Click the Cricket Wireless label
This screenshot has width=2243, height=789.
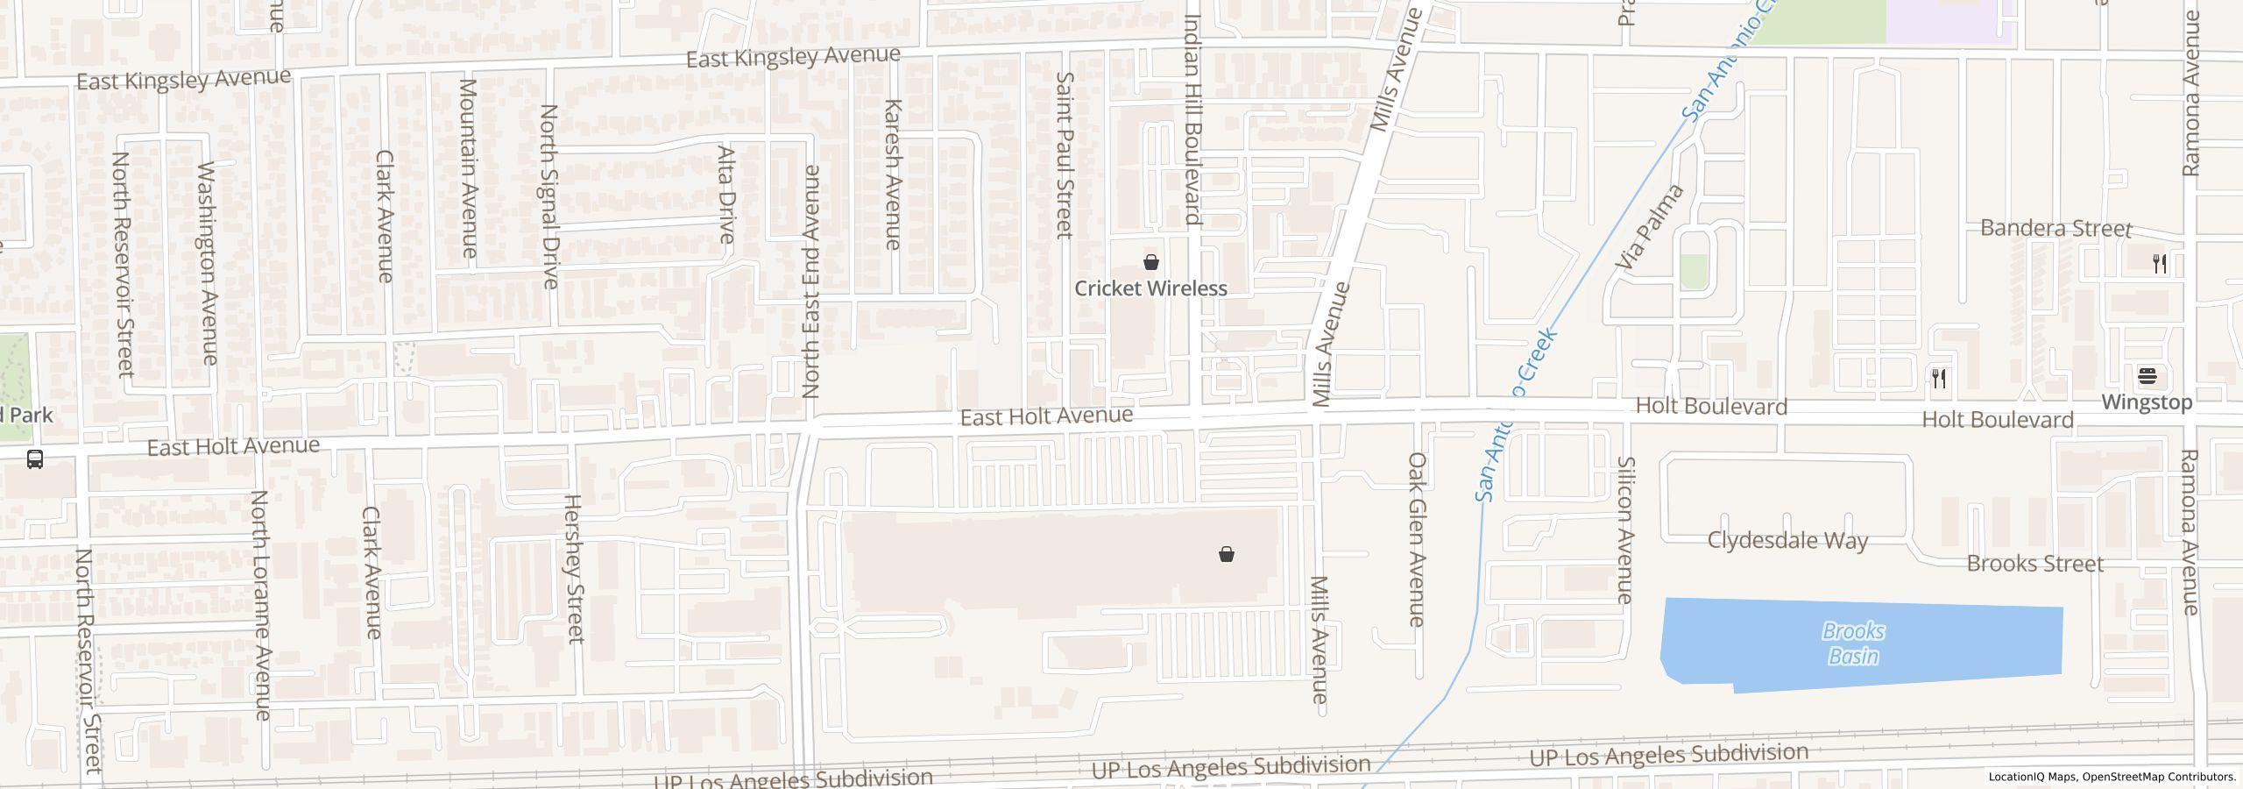(1150, 288)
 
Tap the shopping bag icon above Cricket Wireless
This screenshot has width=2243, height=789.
(1151, 262)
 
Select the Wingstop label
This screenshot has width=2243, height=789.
(2147, 402)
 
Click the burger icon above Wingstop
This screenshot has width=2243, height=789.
(2147, 377)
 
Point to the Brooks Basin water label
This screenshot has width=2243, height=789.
(1853, 643)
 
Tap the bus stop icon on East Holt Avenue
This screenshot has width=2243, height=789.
(35, 459)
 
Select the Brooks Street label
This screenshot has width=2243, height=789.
(2034, 564)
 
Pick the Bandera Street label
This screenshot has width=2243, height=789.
(2055, 229)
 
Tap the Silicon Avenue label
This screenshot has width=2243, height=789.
(1625, 530)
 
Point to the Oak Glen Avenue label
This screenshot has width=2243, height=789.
(1417, 539)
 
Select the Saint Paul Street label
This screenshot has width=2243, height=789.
(1064, 155)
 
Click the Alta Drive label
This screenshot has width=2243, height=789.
(725, 194)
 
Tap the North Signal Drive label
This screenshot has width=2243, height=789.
(549, 196)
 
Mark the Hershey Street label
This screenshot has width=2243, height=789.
(573, 569)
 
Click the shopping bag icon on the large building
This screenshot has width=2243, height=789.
(1227, 554)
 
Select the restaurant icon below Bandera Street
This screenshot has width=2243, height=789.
(2160, 264)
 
